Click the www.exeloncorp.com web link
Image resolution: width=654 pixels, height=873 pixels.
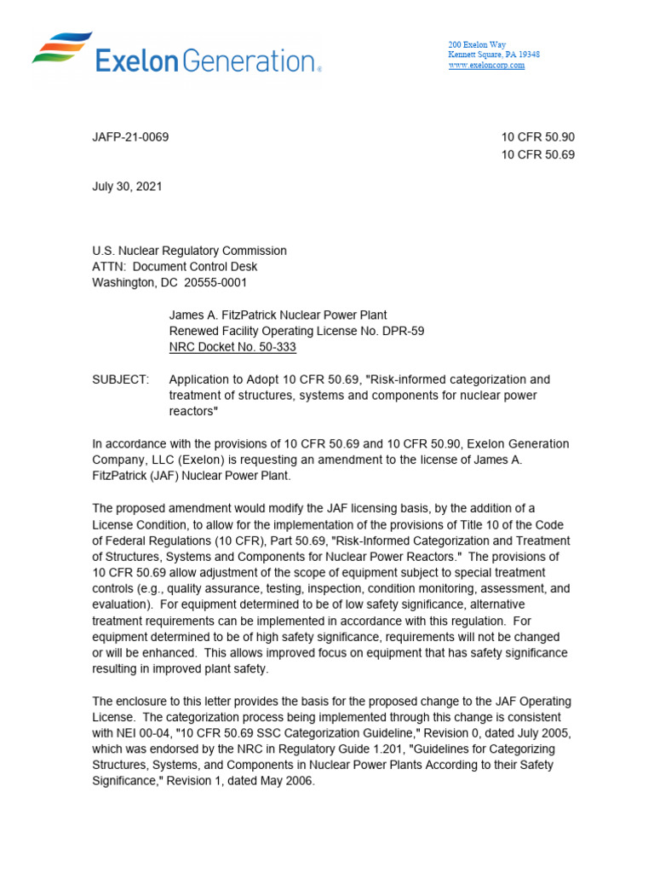click(486, 66)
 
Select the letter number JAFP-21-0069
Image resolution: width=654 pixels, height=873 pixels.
click(130, 137)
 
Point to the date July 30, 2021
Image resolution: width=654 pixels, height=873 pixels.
click(127, 186)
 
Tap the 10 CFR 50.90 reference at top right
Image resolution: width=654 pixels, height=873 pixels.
click(538, 137)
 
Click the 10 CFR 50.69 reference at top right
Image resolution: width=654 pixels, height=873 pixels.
click(538, 155)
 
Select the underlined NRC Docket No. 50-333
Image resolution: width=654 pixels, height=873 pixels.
click(232, 348)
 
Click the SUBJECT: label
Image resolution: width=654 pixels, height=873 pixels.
click(121, 379)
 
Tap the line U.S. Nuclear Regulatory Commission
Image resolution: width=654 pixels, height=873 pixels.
click(189, 251)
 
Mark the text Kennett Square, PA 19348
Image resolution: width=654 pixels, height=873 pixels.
click(494, 55)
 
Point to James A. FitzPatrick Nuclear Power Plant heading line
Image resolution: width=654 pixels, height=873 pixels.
click(278, 315)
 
